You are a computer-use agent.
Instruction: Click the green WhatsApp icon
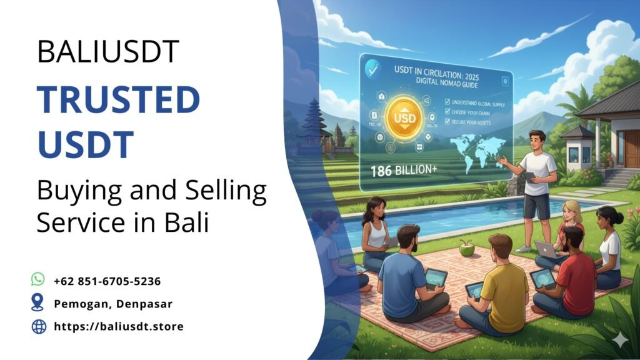point(38,279)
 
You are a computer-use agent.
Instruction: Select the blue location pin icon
point(38,303)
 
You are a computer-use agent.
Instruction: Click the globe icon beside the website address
point(39,326)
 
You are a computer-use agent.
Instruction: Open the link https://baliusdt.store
point(119,326)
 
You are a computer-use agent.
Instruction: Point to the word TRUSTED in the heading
point(118,100)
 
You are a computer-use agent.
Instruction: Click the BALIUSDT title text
point(108,51)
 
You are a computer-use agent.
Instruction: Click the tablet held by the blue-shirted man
point(436,277)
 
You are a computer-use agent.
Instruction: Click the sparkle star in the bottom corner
point(620,339)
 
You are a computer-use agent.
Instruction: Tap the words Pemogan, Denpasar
point(112,304)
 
